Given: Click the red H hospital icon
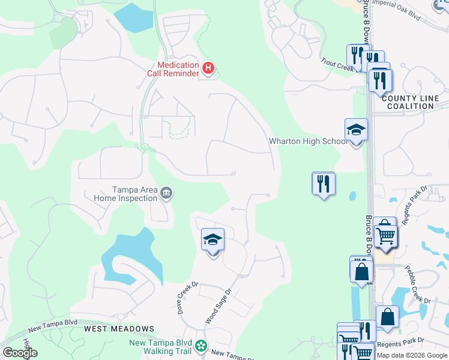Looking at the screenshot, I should [x=208, y=69].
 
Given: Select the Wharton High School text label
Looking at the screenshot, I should [x=307, y=142].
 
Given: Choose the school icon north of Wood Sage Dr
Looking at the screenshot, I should [x=212, y=241].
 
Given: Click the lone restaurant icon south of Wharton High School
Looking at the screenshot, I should [x=324, y=184].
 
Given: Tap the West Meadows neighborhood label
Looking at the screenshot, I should [x=119, y=329].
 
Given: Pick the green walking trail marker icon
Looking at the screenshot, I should [x=202, y=346].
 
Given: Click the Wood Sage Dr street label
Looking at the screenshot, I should [x=218, y=306].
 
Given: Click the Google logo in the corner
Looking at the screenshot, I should [x=20, y=353].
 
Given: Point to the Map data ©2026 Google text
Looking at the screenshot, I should [x=412, y=355].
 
